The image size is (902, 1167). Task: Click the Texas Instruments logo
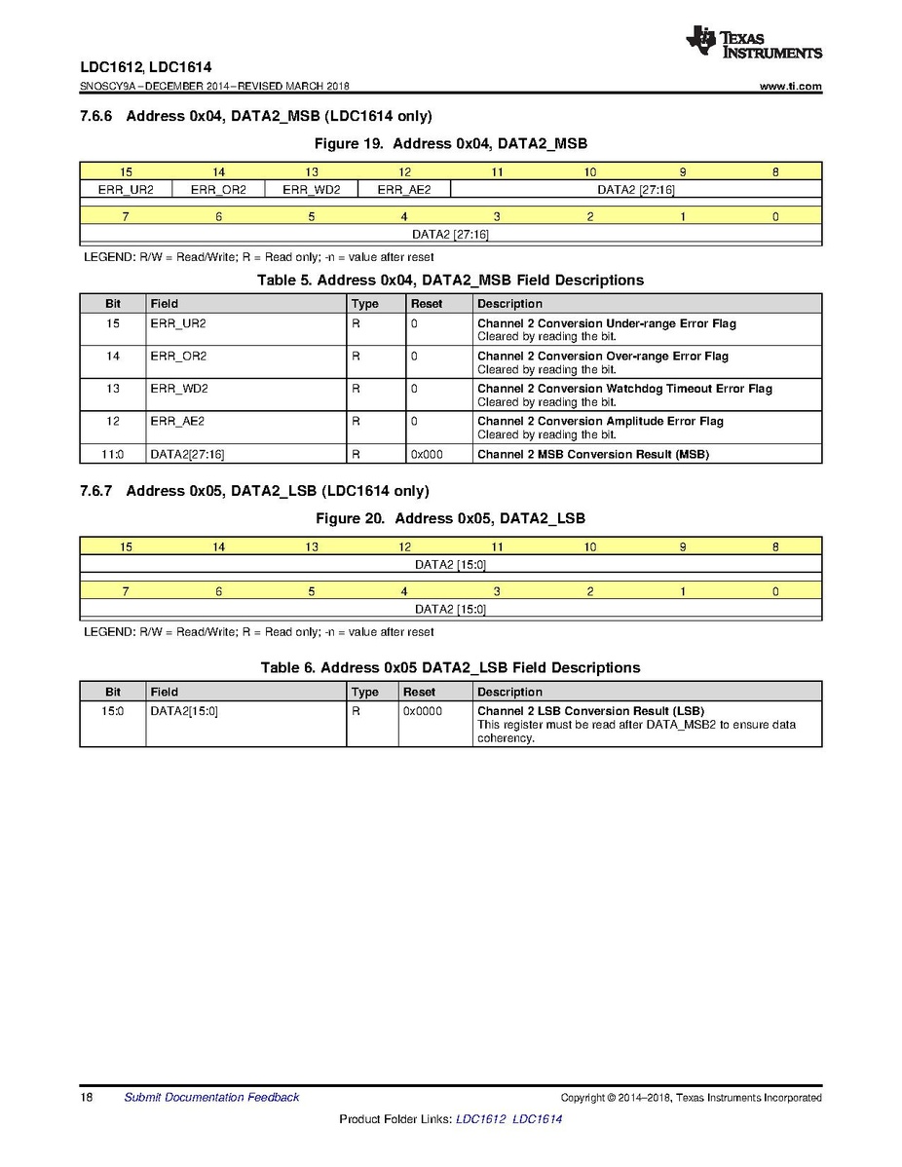tap(753, 43)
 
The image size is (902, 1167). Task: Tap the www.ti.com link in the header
tap(790, 87)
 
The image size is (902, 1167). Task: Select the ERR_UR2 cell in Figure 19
tap(126, 189)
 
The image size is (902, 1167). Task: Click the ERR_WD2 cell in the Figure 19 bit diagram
tap(312, 189)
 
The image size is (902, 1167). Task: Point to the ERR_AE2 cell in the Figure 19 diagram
tap(404, 189)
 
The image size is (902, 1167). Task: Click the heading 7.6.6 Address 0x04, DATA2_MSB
tap(255, 116)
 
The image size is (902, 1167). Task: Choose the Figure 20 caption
tap(450, 518)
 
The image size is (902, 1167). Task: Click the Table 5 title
tap(450, 281)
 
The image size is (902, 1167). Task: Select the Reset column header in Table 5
tap(427, 304)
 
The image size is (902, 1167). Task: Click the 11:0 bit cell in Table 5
tap(113, 454)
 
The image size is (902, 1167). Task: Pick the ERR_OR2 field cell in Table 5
tap(178, 357)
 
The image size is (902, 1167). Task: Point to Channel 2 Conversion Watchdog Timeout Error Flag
tap(624, 389)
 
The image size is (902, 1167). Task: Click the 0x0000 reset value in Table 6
tap(423, 711)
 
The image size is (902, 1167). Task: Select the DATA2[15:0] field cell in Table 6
tap(184, 711)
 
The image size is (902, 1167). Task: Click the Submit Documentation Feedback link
tap(211, 1098)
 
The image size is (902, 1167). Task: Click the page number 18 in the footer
tap(87, 1098)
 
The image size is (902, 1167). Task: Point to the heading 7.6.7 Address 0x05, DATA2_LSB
tap(254, 491)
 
